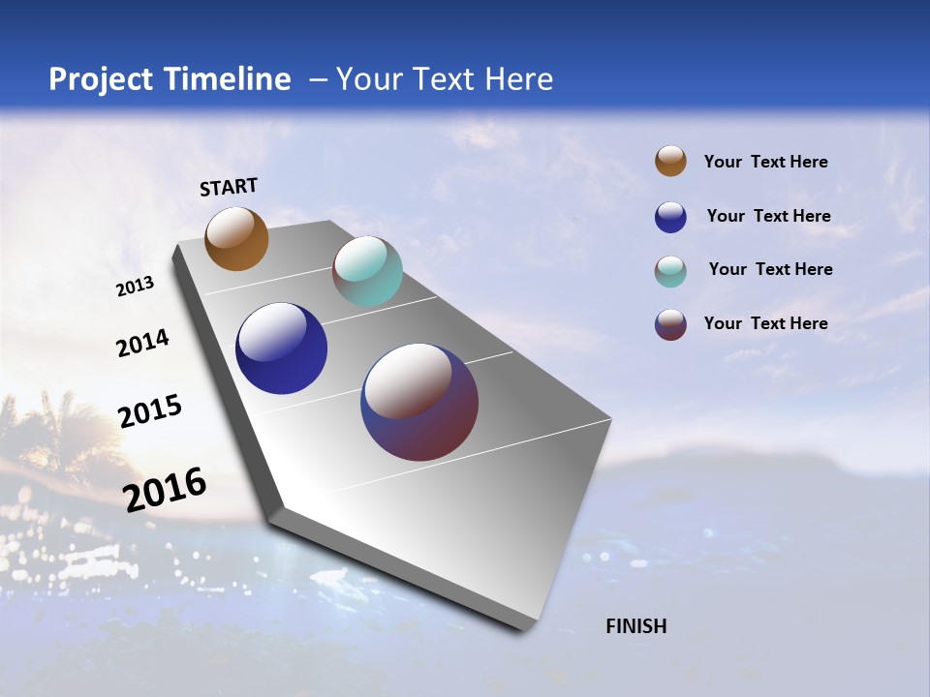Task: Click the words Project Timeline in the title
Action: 170,79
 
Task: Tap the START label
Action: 229,187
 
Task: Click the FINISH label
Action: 635,626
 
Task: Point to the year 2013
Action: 136,287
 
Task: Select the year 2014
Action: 142,343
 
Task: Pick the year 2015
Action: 150,411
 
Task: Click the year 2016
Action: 165,489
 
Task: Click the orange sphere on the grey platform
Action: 236,238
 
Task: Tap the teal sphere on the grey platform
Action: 367,271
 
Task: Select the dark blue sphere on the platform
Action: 281,348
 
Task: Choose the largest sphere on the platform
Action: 419,402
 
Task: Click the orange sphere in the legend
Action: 670,161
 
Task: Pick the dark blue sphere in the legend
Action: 670,217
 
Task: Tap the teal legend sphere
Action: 670,271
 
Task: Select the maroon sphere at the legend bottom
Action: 670,324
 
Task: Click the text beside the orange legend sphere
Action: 765,162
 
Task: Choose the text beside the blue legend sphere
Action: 768,216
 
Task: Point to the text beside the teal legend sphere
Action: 770,269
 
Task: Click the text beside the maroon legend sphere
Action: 765,323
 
